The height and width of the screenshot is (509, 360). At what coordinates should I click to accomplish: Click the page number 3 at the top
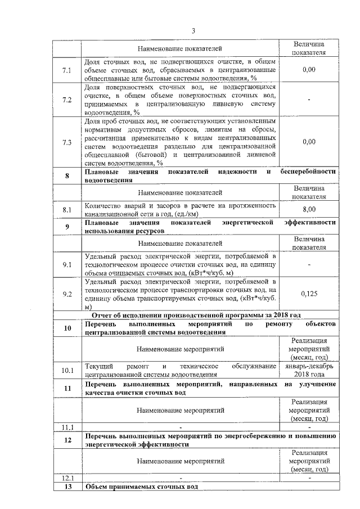[192, 30]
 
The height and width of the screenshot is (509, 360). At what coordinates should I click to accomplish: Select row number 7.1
[67, 70]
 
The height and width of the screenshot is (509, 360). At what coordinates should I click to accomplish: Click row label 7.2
[67, 100]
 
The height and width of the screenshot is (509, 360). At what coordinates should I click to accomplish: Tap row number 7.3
[67, 142]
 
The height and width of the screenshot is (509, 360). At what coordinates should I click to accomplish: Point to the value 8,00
[308, 209]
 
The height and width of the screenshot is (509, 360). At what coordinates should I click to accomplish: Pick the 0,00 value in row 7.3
[308, 142]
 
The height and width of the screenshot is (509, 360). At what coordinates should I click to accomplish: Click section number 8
[67, 176]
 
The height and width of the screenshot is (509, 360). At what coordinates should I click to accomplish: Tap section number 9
[67, 227]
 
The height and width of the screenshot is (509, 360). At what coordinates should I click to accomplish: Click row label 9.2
[67, 294]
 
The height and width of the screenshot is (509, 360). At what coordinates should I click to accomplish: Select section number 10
[67, 328]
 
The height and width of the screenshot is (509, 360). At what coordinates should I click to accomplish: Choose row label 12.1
[67, 478]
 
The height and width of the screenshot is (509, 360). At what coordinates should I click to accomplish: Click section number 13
[67, 486]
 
